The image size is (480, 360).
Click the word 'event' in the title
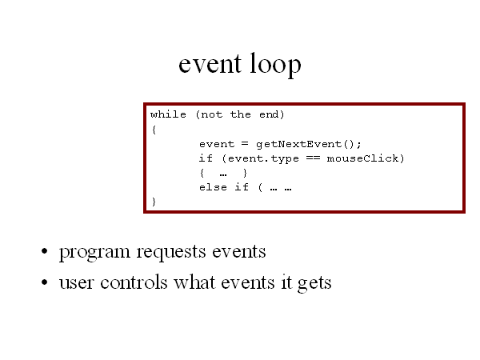[210, 64]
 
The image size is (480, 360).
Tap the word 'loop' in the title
[275, 65]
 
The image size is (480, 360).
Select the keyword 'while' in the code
[168, 114]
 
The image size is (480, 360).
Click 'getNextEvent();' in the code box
[309, 144]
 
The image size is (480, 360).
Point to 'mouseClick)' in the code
[366, 158]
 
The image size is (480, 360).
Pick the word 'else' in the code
[213, 187]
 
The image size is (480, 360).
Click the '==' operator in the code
[313, 158]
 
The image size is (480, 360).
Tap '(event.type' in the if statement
[260, 159]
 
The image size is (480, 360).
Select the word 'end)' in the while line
[271, 114]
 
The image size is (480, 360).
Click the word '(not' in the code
[209, 114]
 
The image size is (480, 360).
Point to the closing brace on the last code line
[154, 202]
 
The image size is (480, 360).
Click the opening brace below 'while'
[154, 130]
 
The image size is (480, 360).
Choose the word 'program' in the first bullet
[94, 253]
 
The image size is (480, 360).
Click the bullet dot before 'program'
[45, 251]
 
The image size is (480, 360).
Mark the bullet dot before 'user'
[45, 282]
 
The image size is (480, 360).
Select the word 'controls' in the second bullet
[134, 282]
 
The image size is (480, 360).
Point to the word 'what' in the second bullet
[194, 282]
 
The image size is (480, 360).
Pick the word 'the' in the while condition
[241, 114]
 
